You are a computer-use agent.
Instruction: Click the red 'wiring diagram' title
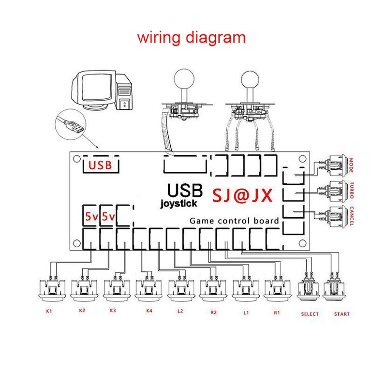tap(191, 37)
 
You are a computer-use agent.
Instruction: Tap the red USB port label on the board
tap(100, 165)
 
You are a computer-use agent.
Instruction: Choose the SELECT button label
tap(310, 314)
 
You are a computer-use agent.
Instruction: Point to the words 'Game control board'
tap(234, 221)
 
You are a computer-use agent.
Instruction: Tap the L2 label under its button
tap(180, 312)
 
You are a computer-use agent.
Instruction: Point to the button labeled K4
tap(147, 289)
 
